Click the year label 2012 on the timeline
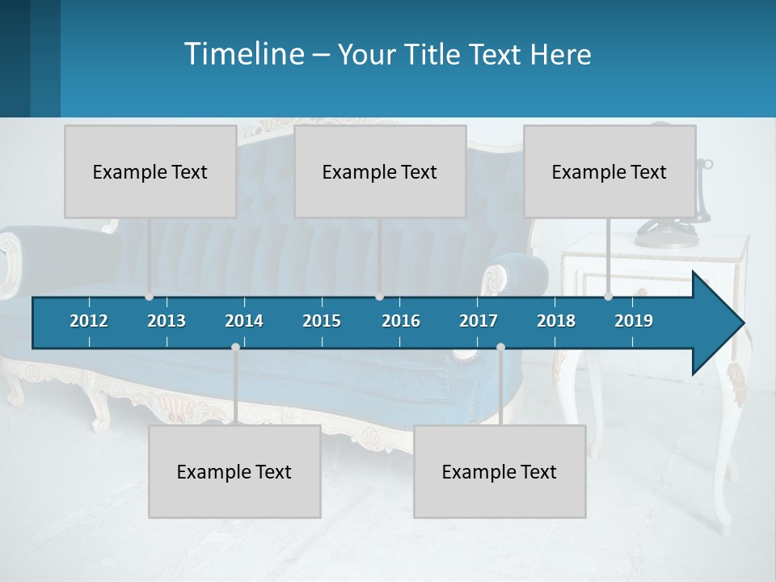89,321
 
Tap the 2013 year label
167,321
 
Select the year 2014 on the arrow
244,321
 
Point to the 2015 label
322,321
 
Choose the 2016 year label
401,321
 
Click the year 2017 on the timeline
479,321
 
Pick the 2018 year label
556,321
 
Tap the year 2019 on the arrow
634,321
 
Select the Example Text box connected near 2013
150,172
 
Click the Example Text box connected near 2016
380,172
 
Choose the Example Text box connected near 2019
609,172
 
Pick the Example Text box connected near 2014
234,472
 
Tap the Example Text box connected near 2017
500,472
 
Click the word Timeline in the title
242,54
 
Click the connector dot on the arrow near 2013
149,297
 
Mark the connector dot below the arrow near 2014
235,347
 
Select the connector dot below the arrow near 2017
500,347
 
